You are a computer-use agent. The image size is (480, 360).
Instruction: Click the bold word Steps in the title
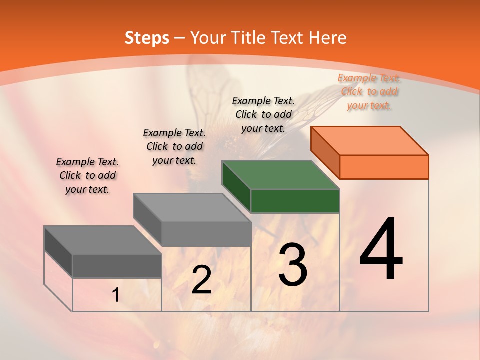[147, 38]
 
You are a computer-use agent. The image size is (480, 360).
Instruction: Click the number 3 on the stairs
[292, 265]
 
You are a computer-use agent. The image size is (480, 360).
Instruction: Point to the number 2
[201, 280]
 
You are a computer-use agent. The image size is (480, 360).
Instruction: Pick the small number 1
[116, 295]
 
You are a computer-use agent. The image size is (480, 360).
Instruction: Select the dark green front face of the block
[295, 201]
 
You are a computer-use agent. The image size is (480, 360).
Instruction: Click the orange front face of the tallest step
[384, 167]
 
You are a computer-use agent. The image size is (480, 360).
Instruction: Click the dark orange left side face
[325, 151]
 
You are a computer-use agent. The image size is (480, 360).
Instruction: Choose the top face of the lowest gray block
[103, 240]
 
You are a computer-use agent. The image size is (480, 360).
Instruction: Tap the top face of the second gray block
[192, 208]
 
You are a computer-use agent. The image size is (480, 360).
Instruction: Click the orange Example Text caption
[369, 91]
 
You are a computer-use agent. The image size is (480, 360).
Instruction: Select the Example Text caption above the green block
[263, 114]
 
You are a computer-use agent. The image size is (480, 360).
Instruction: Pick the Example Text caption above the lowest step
[87, 175]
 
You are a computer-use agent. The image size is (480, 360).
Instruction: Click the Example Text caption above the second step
[174, 146]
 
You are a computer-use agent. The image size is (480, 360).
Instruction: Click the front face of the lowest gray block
[117, 266]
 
